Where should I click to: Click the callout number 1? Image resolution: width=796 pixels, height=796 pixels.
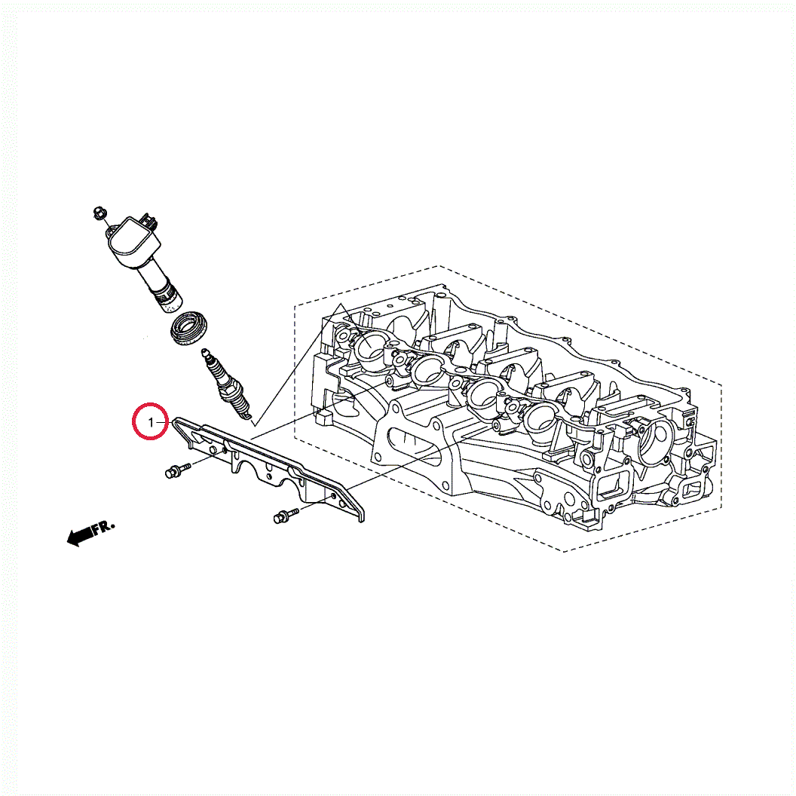[150, 422]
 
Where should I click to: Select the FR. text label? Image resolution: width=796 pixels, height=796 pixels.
[104, 527]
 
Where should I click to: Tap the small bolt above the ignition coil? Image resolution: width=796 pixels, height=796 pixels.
[99, 214]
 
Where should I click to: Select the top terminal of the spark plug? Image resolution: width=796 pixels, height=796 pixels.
[205, 351]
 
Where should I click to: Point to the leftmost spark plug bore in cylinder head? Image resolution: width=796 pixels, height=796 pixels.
[369, 346]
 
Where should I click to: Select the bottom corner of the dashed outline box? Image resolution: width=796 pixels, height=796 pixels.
[564, 551]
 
